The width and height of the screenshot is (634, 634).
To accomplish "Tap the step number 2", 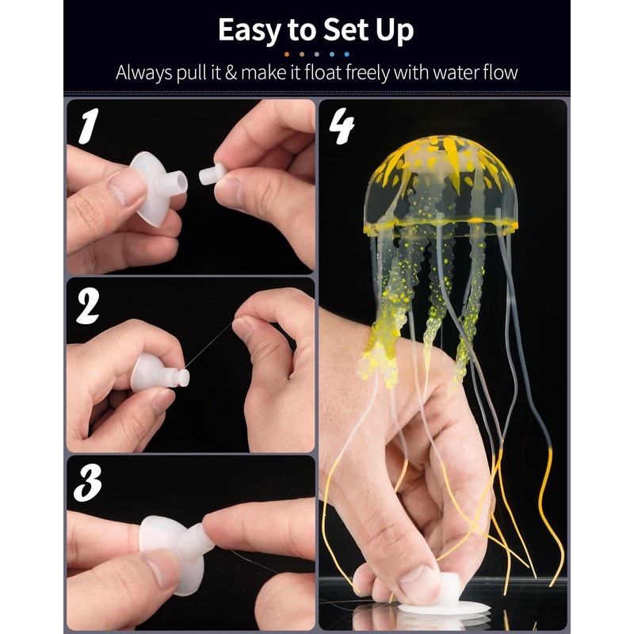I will pyautogui.click(x=88, y=306).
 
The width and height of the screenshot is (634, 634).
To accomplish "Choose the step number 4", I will pyautogui.click(x=342, y=127).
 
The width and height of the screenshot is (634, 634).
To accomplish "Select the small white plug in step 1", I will pyautogui.click(x=212, y=174).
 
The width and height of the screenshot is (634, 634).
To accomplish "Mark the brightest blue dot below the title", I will pyautogui.click(x=346, y=54).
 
